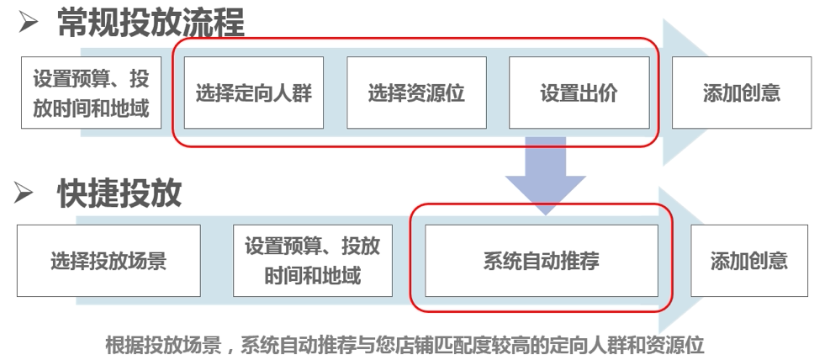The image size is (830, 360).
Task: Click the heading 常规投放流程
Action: tap(151, 23)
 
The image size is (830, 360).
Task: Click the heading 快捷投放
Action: tap(119, 193)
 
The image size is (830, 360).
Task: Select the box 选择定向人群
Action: tap(253, 93)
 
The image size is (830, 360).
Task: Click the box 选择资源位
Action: tap(416, 93)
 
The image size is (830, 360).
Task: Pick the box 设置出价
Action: tap(579, 93)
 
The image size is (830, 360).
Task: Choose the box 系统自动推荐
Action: tap(541, 260)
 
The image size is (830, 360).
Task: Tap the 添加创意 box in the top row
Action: tap(741, 93)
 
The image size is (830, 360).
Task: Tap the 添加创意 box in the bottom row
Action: tap(748, 260)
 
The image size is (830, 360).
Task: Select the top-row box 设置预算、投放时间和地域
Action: tap(91, 93)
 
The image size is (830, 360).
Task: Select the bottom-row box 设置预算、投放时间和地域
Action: tap(312, 260)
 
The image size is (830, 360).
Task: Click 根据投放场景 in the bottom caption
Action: tap(161, 345)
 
